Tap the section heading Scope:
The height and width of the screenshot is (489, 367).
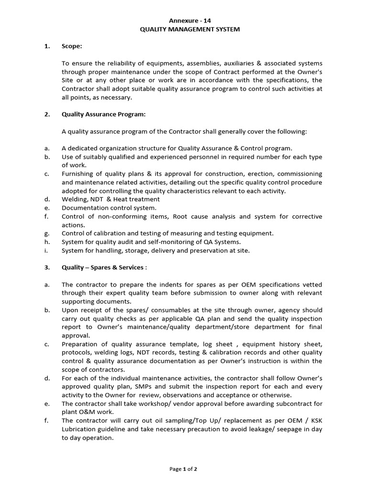(72, 46)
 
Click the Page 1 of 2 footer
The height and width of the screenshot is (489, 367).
(183, 469)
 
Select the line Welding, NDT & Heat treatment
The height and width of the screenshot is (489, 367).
(110, 199)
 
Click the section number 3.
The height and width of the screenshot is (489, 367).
(47, 267)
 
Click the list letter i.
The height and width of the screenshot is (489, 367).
(45, 250)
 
